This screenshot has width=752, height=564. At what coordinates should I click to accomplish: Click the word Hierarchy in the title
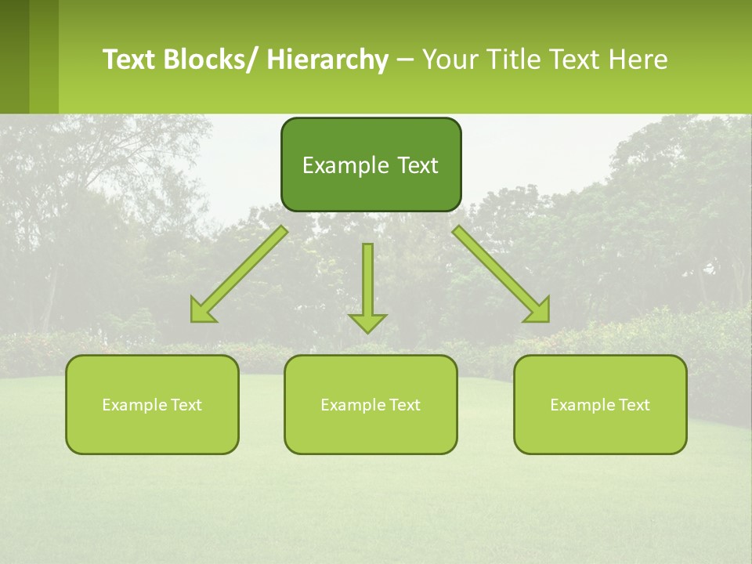tap(327, 60)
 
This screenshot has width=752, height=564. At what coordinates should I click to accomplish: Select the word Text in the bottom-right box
tap(634, 405)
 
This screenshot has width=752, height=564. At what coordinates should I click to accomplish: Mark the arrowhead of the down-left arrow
tap(202, 311)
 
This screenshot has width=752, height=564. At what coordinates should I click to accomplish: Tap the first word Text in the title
tap(129, 60)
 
